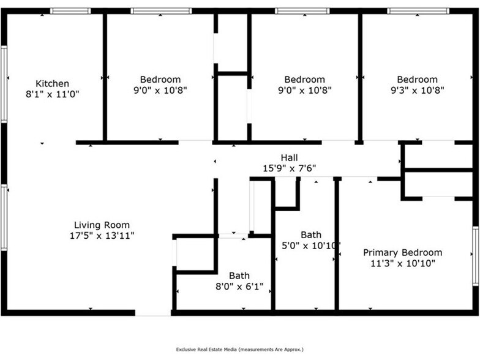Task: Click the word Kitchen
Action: pyautogui.click(x=52, y=83)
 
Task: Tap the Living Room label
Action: pyautogui.click(x=102, y=225)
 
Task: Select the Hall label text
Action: pyautogui.click(x=290, y=157)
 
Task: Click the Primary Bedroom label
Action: pyautogui.click(x=402, y=252)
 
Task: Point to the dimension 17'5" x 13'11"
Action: pyautogui.click(x=102, y=235)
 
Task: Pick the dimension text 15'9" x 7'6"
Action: pyautogui.click(x=290, y=168)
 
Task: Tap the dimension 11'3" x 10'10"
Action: pyautogui.click(x=402, y=263)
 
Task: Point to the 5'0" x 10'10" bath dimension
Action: pyautogui.click(x=312, y=245)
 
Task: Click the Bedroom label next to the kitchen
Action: pyautogui.click(x=160, y=79)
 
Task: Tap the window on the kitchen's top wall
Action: pyautogui.click(x=70, y=10)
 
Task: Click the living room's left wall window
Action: pyautogui.click(x=4, y=217)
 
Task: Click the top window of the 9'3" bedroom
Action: pyautogui.click(x=418, y=10)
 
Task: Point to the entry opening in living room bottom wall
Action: pyautogui.click(x=153, y=313)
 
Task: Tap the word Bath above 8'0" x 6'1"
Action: pyautogui.click(x=239, y=276)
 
